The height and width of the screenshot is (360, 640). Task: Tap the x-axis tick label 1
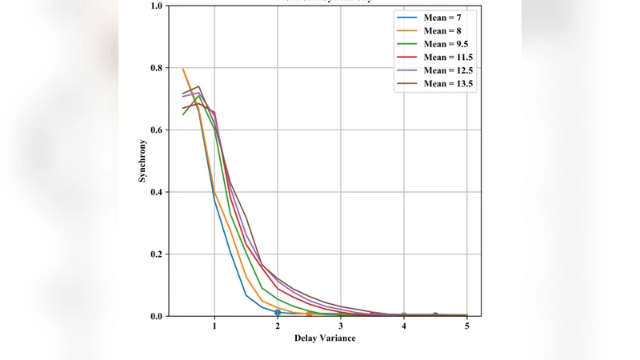[214, 326]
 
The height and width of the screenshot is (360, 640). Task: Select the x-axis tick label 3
[341, 326]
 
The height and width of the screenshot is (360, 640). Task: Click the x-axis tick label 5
[467, 326]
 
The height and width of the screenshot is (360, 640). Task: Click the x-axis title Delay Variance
[324, 338]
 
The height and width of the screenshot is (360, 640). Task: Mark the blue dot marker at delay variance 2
[278, 313]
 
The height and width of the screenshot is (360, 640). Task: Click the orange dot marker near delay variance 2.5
[309, 315]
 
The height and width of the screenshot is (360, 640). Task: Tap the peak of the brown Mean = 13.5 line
[198, 86]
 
